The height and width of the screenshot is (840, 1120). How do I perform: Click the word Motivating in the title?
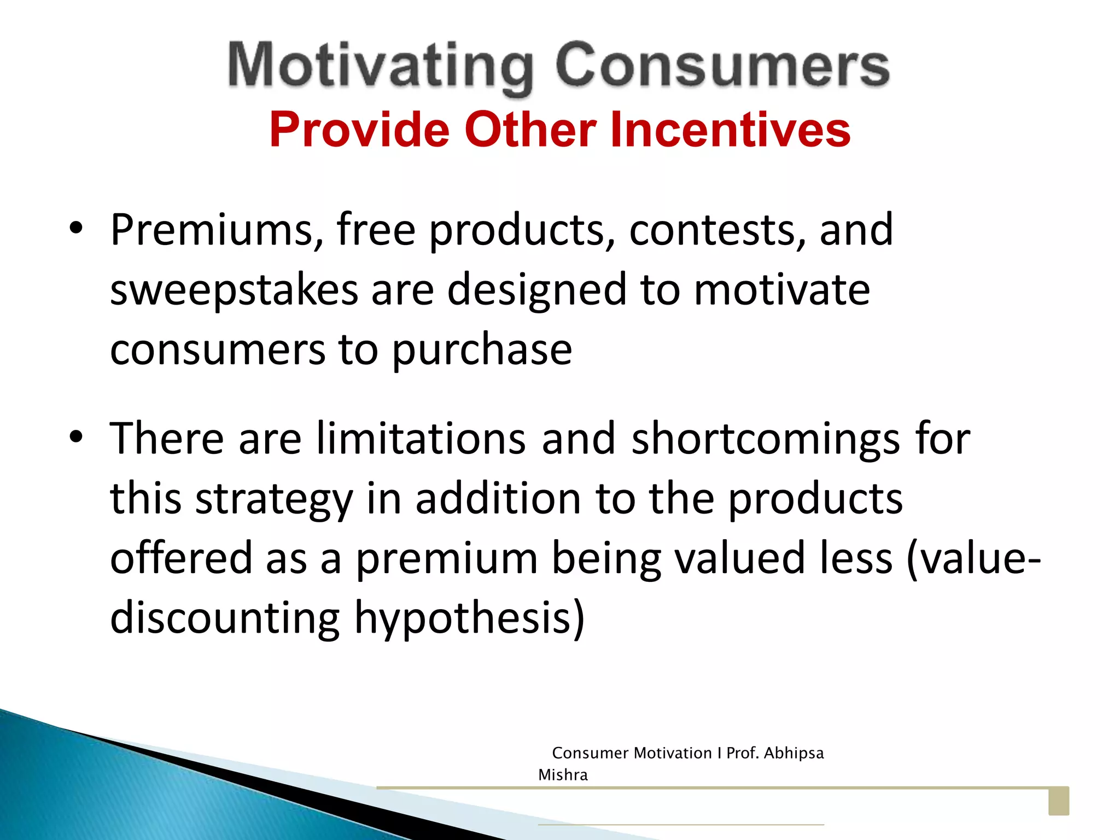[x=380, y=67]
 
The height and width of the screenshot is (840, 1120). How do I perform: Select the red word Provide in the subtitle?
[x=359, y=130]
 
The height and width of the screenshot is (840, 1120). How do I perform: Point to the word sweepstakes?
[x=234, y=290]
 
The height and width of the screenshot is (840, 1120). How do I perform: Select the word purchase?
[x=482, y=350]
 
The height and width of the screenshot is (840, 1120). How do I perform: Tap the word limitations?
[x=421, y=439]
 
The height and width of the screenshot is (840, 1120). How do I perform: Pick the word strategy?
[x=274, y=499]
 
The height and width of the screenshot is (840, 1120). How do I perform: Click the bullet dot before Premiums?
[x=76, y=229]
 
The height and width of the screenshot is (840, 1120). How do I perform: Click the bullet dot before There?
[x=76, y=437]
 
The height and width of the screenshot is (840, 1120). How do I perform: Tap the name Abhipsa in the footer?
[x=794, y=753]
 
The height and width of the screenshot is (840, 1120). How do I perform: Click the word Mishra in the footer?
[x=563, y=775]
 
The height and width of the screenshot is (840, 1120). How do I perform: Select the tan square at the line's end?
[x=1058, y=801]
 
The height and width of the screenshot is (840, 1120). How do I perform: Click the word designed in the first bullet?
[x=536, y=290]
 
